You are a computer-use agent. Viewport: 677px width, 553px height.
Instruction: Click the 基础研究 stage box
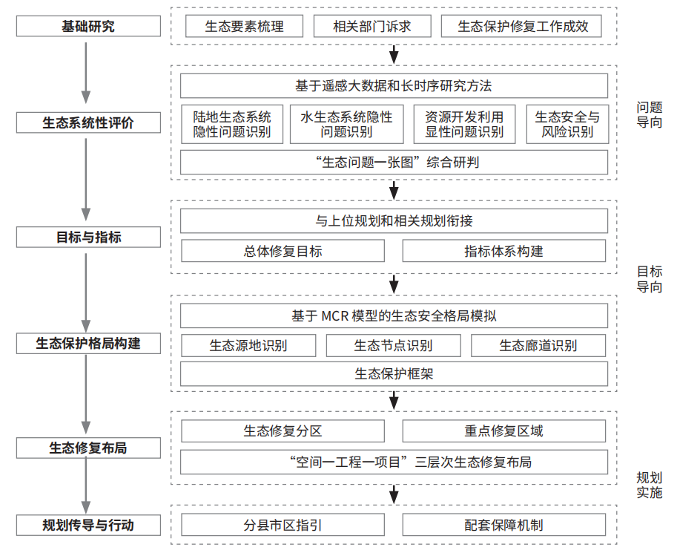point(88,26)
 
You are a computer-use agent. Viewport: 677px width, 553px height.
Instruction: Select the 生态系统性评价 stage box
point(88,122)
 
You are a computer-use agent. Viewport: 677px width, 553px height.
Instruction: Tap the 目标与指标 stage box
point(88,237)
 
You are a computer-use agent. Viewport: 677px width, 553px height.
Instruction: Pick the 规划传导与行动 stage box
point(88,525)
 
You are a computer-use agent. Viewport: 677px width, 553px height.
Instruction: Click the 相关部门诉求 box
point(372,26)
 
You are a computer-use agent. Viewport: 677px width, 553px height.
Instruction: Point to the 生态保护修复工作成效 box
point(521,26)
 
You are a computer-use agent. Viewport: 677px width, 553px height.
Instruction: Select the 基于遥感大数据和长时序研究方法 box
point(394,85)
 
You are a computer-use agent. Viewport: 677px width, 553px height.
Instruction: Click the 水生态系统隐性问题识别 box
point(347,124)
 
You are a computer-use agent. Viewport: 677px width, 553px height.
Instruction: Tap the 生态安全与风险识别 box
point(567,124)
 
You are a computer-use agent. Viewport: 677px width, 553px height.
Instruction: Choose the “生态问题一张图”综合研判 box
point(394,162)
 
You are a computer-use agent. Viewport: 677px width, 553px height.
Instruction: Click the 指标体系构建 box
point(504,251)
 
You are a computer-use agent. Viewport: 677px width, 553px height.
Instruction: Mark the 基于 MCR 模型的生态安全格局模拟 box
point(394,315)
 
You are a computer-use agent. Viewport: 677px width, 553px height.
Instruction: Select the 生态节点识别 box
point(393,345)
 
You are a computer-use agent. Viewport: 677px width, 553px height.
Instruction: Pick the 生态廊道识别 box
point(538,345)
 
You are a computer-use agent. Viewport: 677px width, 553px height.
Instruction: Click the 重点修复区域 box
point(504,431)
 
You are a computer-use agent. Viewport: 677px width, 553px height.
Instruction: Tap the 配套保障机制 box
point(504,525)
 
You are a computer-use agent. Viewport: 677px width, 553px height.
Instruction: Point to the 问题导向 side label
point(650,114)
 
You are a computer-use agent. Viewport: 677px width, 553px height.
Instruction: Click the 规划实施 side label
point(650,485)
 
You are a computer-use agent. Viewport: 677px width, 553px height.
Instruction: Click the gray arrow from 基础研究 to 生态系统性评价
point(86,73)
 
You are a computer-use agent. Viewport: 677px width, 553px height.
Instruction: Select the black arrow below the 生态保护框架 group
point(394,400)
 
